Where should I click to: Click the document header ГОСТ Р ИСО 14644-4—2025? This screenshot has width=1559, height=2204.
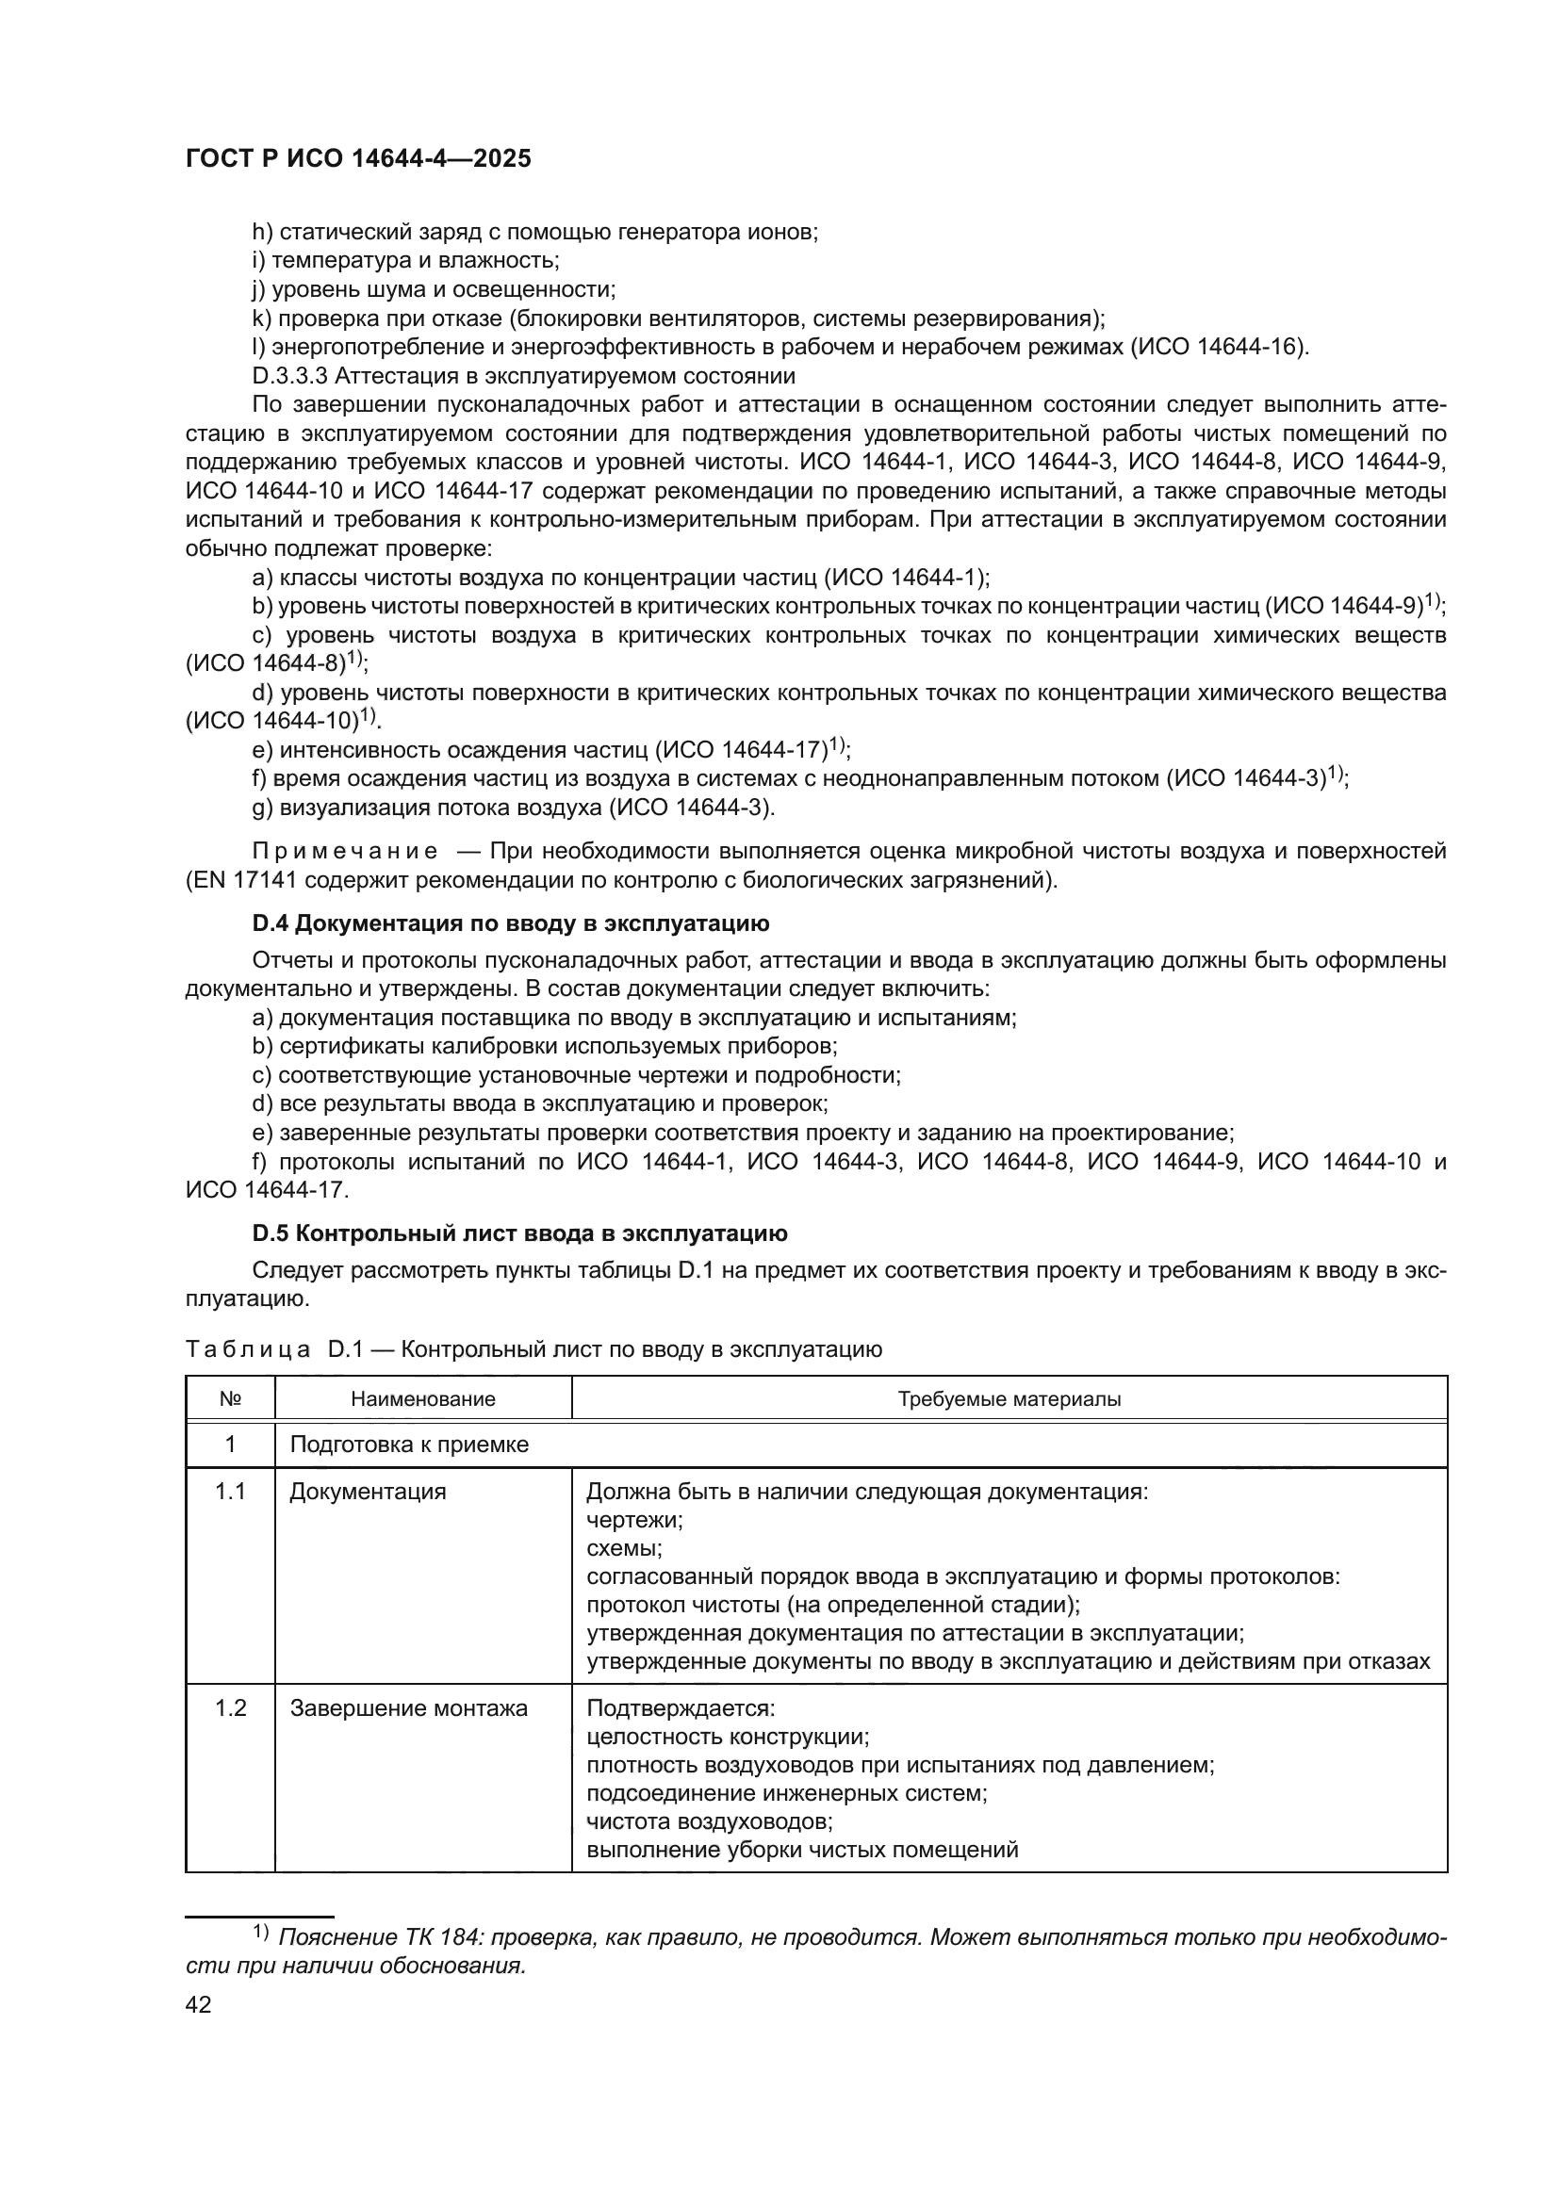click(357, 159)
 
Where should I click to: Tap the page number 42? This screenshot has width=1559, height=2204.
click(199, 2003)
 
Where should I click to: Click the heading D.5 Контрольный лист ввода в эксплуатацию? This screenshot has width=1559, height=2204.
click(519, 1233)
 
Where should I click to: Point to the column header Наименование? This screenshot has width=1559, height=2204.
click(422, 1398)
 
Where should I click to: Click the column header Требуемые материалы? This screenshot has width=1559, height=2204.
click(1009, 1398)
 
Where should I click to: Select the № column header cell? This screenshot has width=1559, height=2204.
click(229, 1398)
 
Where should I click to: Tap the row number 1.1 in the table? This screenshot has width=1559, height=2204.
click(229, 1492)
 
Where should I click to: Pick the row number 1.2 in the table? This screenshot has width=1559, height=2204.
click(229, 1708)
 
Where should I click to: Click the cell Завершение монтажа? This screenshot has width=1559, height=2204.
click(408, 1708)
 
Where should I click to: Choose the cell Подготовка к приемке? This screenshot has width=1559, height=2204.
click(409, 1445)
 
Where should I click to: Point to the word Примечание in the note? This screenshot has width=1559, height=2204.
click(345, 852)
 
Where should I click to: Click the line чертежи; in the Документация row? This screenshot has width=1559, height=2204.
click(633, 1520)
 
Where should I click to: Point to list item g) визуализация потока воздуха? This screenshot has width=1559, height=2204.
click(513, 808)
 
